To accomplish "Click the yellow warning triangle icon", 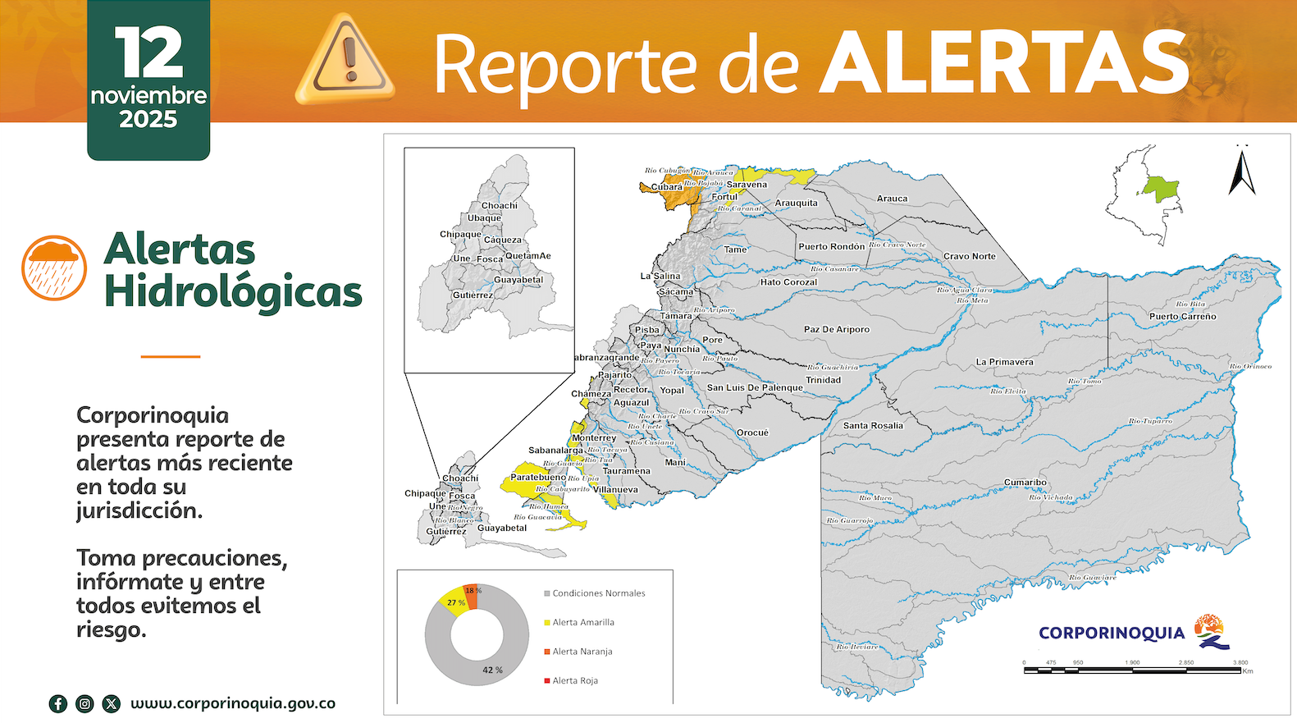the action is pos(345,59).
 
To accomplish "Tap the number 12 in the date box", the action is pos(148,53).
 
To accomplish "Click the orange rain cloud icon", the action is pos(54,268).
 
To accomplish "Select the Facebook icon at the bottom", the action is pos(58,703).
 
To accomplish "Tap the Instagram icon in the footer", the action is pos(84,703).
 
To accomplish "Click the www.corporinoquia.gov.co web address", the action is pos(233,703).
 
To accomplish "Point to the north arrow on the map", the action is pos(1242,171).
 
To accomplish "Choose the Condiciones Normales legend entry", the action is pos(598,593).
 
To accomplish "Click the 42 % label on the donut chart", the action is pos(492,670).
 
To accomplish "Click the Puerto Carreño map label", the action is pos(1182,316).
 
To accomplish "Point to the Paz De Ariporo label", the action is pos(836,329).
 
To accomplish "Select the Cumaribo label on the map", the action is pos(1025,483).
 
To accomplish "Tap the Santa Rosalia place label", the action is pos(873,426).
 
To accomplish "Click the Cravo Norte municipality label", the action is pos(969,256).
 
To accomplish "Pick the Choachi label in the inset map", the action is pos(500,205).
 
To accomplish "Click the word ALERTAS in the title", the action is pos(1004,64).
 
